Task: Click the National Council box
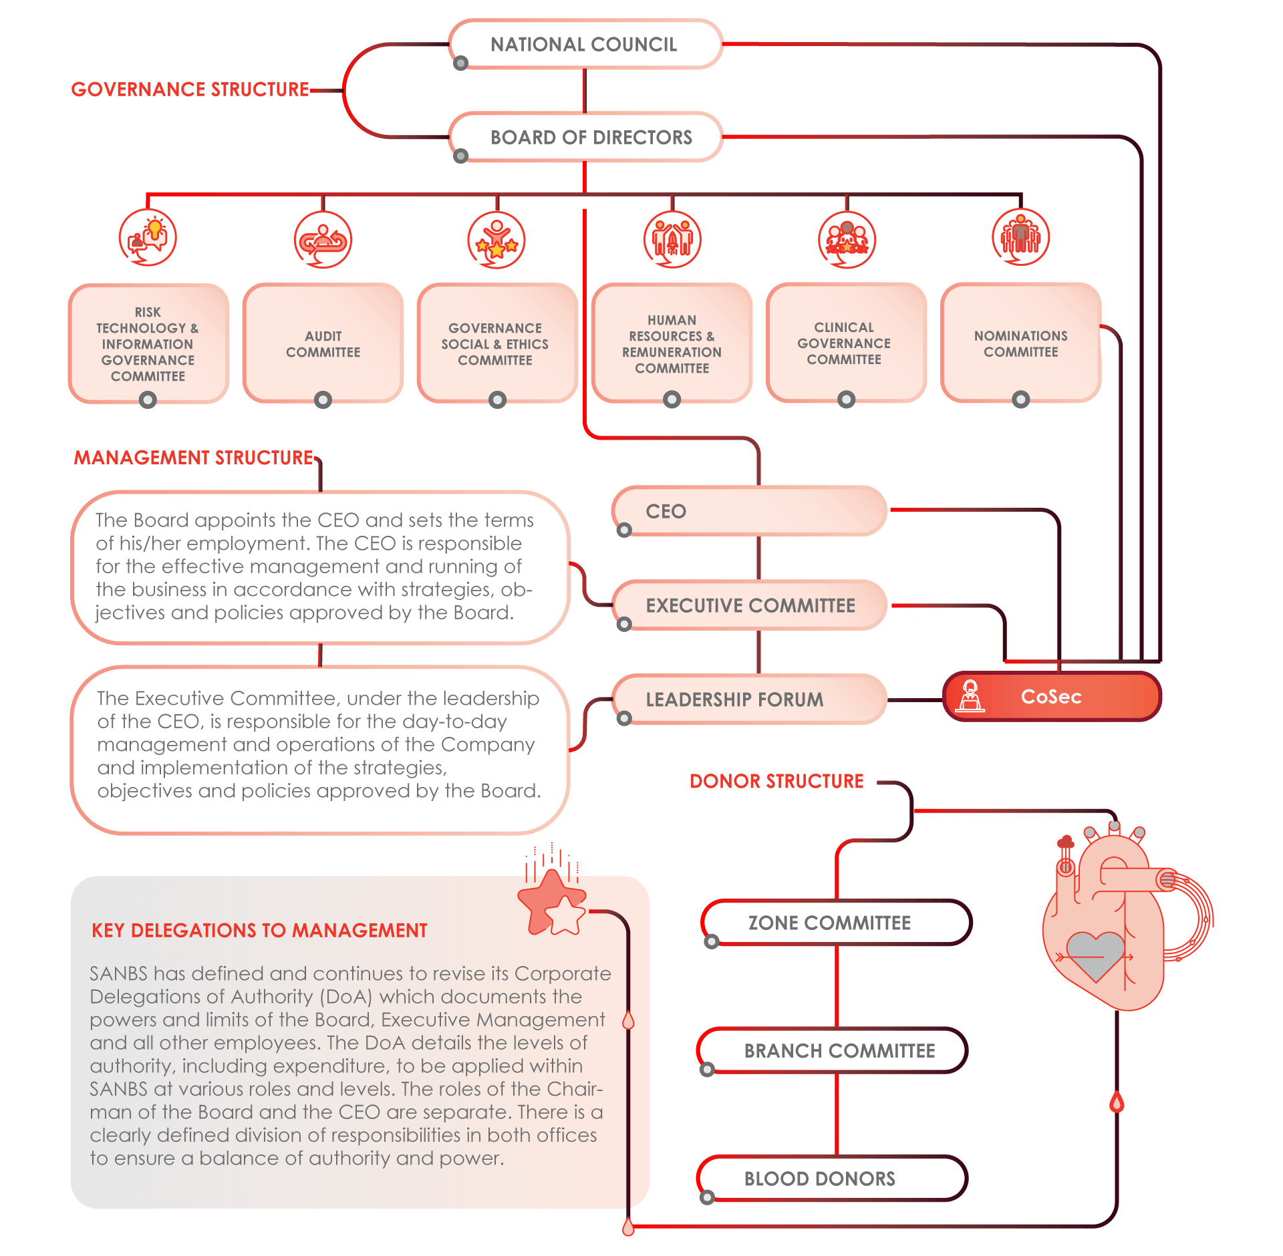585,44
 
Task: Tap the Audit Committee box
323,343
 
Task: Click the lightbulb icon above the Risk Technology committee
148,238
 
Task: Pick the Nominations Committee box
1020,343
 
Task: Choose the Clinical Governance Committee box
845,343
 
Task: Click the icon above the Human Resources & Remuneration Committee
672,240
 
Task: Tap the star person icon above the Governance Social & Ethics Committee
496,240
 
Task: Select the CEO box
749,511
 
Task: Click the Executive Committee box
749,605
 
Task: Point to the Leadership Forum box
749,699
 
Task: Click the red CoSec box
1052,697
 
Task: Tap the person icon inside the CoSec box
970,696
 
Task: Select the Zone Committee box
836,923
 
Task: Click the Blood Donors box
833,1179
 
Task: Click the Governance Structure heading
190,90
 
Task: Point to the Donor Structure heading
776,781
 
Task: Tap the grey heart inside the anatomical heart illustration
1095,955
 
